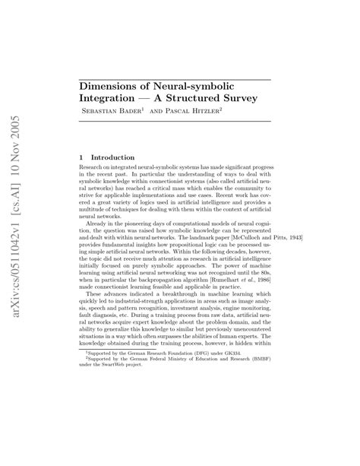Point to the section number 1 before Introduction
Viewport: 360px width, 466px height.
click(82, 157)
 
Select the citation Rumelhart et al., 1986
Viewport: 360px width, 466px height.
click(239, 302)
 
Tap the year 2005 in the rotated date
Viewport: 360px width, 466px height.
click(21, 108)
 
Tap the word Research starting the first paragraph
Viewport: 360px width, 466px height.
click(95, 167)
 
